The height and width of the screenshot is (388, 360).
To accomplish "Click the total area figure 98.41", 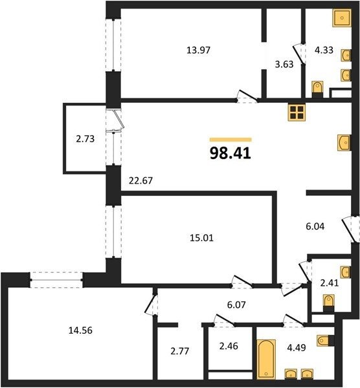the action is tap(231, 153).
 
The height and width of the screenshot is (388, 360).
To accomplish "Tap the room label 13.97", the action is tap(199, 50).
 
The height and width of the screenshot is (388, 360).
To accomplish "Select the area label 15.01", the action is tap(201, 238).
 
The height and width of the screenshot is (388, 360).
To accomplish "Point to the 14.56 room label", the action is tap(80, 330).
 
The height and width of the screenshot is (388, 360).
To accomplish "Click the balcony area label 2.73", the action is tap(85, 139).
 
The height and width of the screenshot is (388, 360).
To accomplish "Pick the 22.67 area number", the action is tap(141, 181).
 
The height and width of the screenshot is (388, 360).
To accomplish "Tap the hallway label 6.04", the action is tap(315, 226).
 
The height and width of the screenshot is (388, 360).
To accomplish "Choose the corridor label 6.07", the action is tap(236, 305).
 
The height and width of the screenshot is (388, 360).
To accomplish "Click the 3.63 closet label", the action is tap(284, 64).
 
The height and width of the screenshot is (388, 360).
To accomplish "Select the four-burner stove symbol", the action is tap(297, 113).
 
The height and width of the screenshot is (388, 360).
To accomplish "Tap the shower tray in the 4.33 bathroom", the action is tap(342, 18).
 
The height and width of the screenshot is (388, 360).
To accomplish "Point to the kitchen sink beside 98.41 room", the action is tap(344, 143).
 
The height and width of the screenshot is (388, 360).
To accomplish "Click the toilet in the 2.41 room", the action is tap(329, 303).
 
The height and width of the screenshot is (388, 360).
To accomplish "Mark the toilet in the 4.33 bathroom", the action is tap(317, 90).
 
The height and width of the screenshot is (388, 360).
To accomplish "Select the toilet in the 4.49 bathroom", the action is tap(325, 341).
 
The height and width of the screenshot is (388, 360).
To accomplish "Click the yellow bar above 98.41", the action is tap(231, 140).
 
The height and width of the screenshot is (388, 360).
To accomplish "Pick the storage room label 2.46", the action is tap(229, 346).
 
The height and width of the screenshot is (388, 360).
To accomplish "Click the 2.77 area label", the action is tap(180, 351).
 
